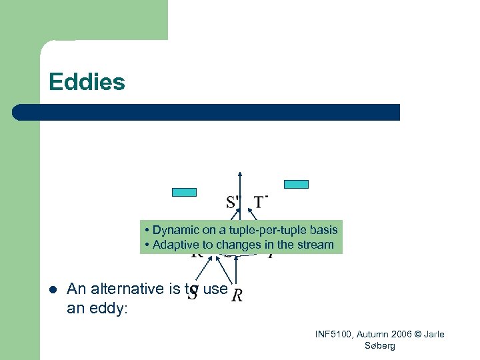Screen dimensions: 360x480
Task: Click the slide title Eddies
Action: [x=87, y=83]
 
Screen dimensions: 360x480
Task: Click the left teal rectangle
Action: [x=185, y=192]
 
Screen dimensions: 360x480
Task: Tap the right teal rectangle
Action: [x=297, y=184]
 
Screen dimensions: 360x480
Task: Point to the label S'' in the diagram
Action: [x=234, y=201]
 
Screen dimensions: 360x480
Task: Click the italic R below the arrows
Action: [x=237, y=295]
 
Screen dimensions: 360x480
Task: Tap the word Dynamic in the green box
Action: [x=173, y=230]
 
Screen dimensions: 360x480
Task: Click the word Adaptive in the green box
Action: [x=174, y=245]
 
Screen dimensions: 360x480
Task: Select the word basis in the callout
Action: [x=323, y=230]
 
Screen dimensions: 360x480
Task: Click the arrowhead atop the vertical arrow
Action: [x=241, y=175]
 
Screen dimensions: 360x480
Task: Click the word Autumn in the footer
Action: [x=374, y=334]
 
